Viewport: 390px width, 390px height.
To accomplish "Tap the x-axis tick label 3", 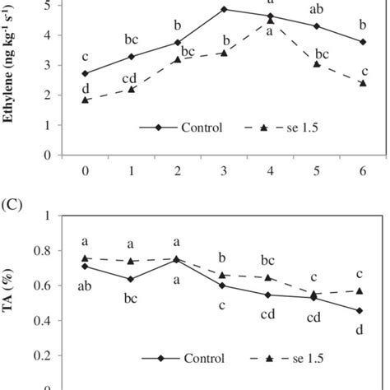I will [x=224, y=170].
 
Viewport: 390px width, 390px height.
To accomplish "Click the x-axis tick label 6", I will [x=363, y=170].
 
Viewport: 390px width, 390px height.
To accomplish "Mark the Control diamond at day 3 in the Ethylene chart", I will [x=224, y=9].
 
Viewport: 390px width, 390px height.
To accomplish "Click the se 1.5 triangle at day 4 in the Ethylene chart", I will [x=271, y=21].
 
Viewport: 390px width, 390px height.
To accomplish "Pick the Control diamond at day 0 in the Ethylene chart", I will [x=86, y=73].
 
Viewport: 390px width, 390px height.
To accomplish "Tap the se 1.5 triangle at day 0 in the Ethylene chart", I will [x=86, y=100].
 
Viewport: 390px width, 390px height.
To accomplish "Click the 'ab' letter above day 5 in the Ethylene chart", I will [x=317, y=10].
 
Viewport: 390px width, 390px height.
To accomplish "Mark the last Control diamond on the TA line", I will [x=363, y=310].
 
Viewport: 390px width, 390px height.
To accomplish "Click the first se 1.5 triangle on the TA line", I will [x=86, y=258].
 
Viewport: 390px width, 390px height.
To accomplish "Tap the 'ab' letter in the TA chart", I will [x=85, y=286].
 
